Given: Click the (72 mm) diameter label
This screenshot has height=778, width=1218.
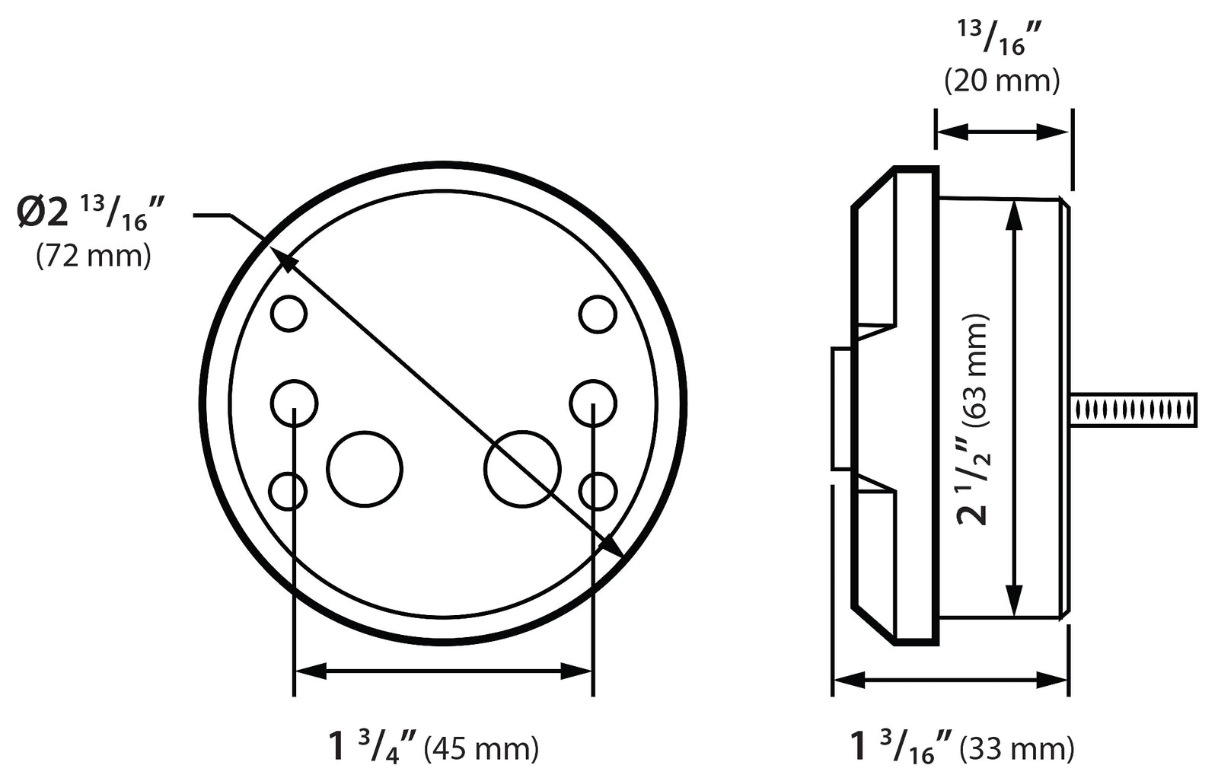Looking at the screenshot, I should [x=94, y=257].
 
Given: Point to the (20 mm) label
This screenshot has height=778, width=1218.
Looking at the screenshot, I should [x=1002, y=81].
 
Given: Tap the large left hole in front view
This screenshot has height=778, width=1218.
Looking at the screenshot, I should [x=365, y=469].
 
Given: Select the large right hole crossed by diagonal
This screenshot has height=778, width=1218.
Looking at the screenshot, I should [x=522, y=469].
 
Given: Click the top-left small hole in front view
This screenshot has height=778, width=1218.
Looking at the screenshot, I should [x=289, y=313].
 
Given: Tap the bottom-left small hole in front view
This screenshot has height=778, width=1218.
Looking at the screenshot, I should [x=289, y=491].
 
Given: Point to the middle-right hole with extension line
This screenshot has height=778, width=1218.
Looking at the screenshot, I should [x=593, y=402].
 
